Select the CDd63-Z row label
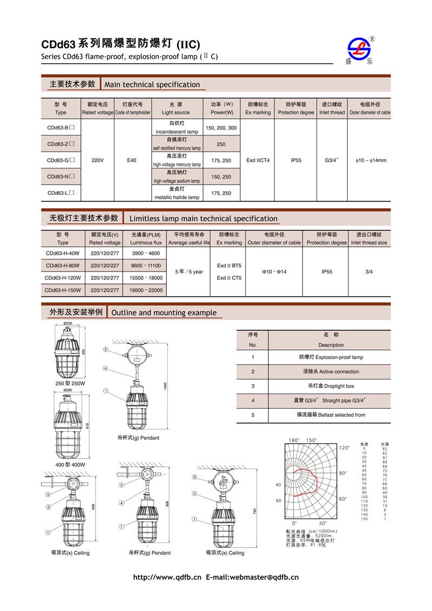(x=60, y=144)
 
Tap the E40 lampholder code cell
(x=132, y=160)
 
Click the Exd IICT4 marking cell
(x=258, y=160)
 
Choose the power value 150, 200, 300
(x=221, y=128)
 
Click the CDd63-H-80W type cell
(x=63, y=266)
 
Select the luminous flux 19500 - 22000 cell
(x=146, y=290)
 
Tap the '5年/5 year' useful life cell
(x=189, y=271)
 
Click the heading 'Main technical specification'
(x=152, y=85)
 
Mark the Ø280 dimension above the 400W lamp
(x=68, y=390)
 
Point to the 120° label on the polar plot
(x=345, y=448)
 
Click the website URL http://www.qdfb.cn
(x=167, y=577)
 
